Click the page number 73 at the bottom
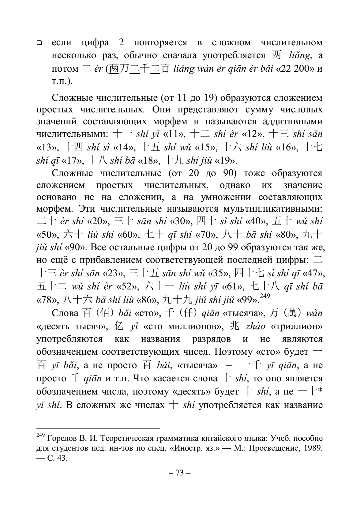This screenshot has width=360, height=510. coord(180,473)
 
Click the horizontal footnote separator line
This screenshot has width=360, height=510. coord(98,428)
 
